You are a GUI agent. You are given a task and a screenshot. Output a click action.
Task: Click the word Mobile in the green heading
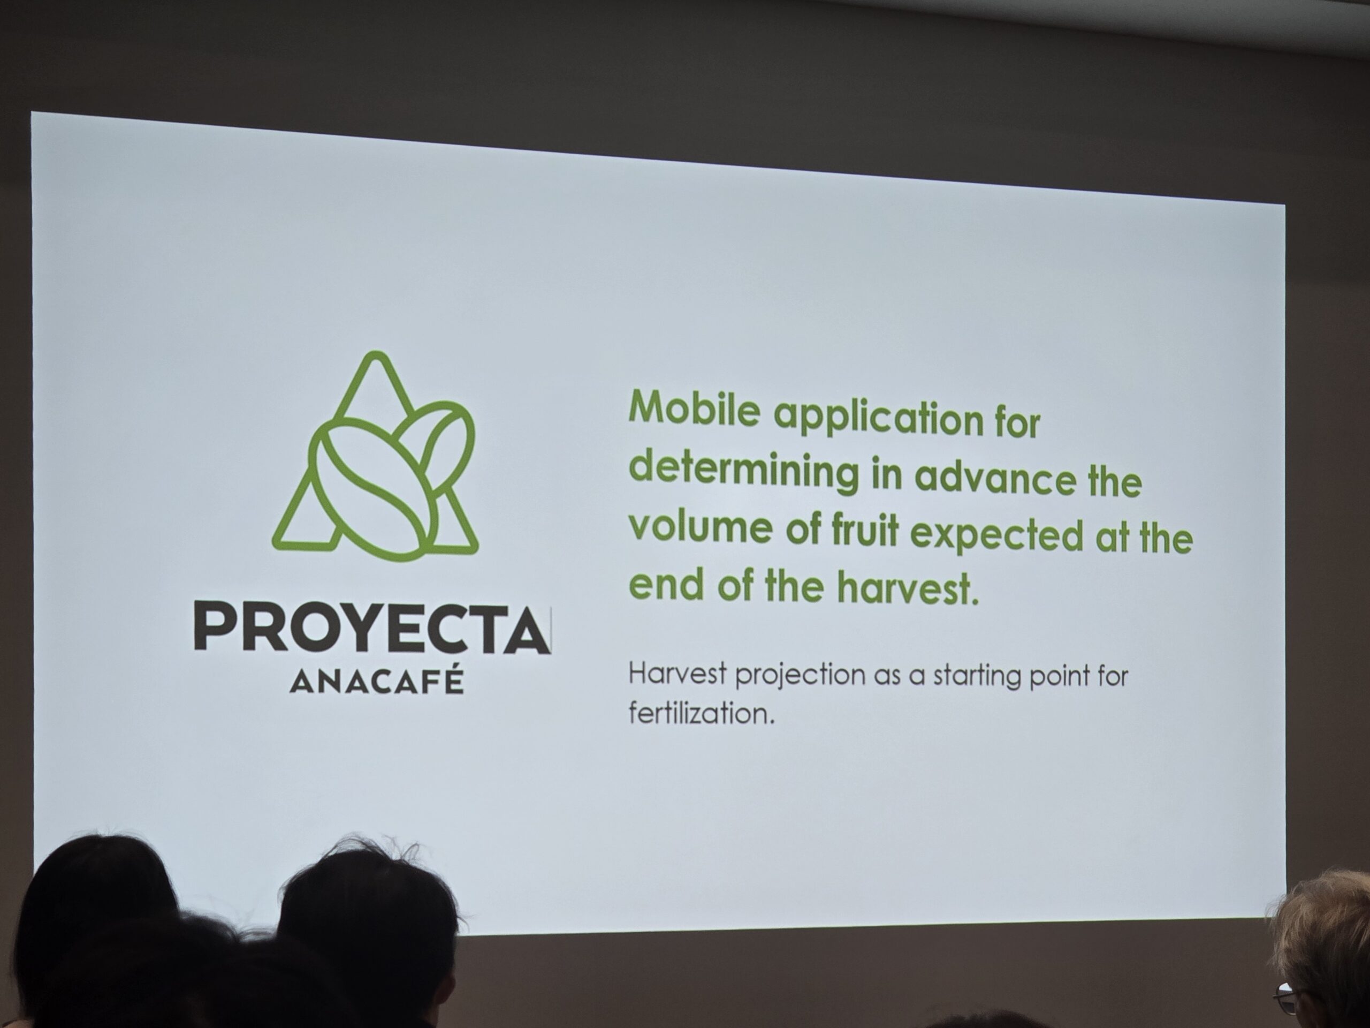694,409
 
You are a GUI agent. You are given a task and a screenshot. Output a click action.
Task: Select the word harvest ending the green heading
910,589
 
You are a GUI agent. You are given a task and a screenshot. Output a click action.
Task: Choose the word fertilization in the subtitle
702,713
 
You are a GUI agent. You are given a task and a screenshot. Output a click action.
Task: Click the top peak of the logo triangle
376,354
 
